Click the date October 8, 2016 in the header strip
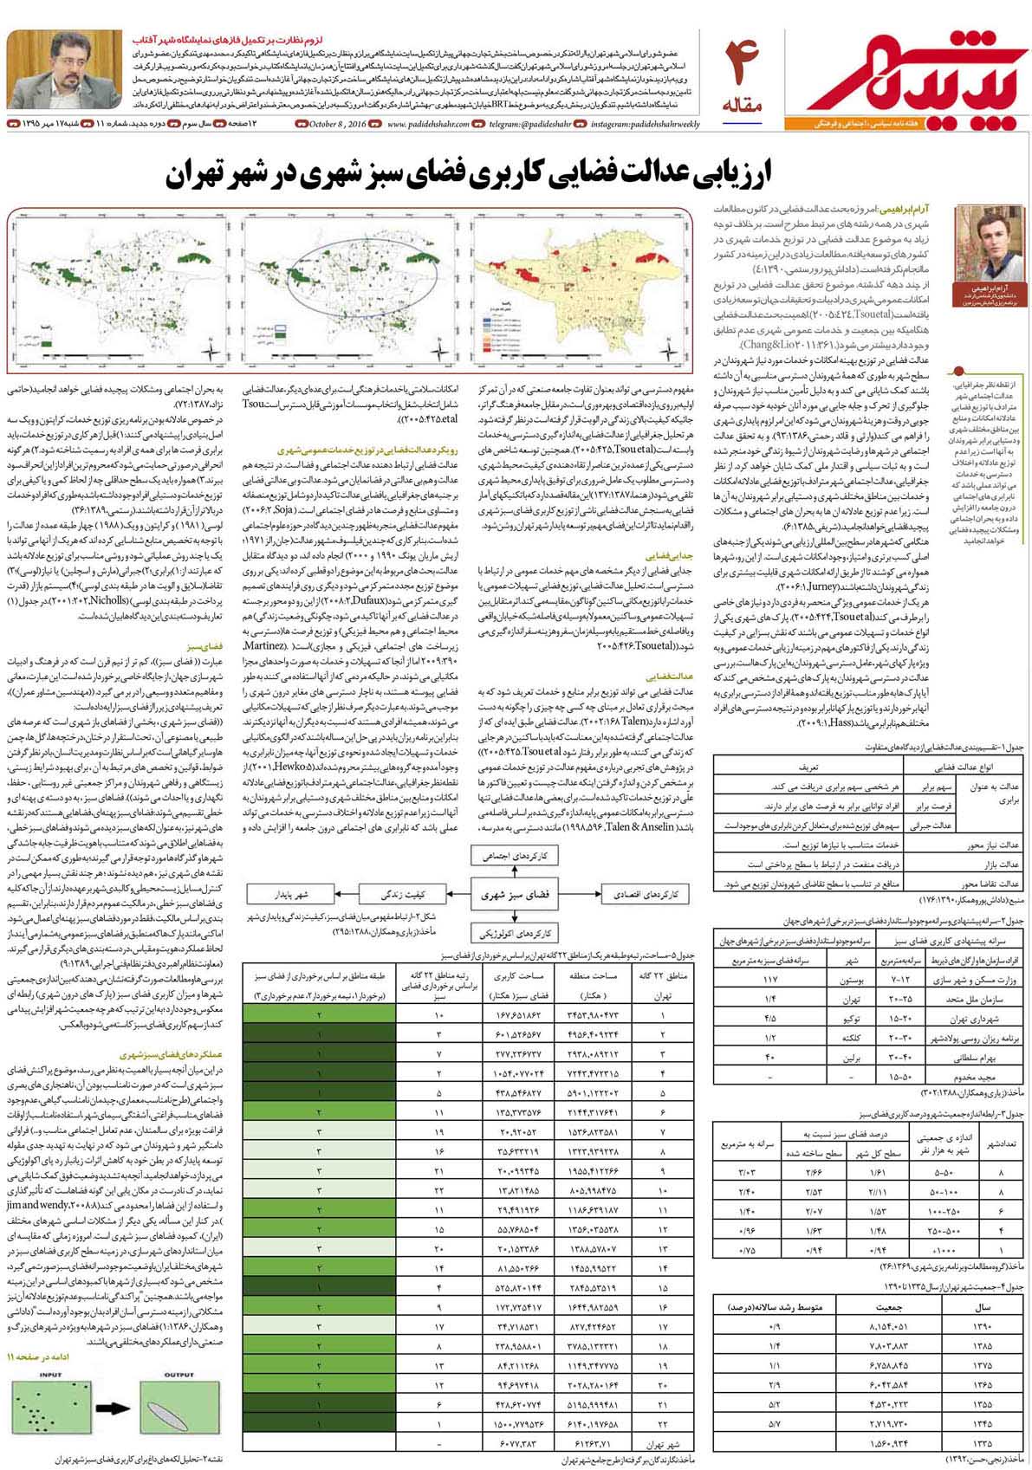coord(337,125)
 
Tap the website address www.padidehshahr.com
coord(428,125)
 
